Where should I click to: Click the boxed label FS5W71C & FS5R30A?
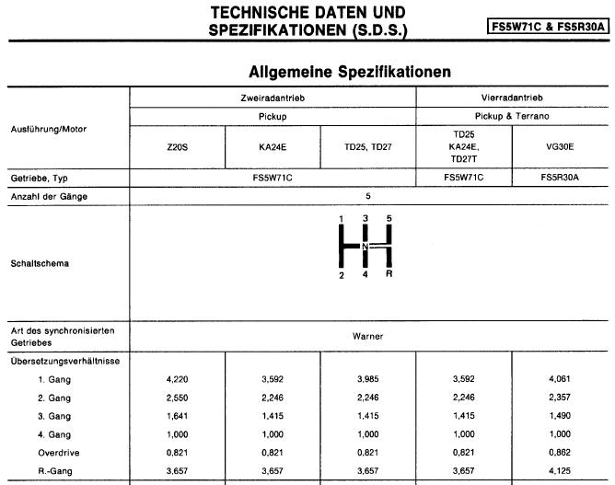point(549,27)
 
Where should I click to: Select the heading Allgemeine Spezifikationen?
point(348,71)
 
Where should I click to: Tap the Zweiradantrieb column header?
point(273,98)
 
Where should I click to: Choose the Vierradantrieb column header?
point(513,98)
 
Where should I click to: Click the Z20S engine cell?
point(177,146)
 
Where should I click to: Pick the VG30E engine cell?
point(560,146)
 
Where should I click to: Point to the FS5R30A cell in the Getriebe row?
point(560,178)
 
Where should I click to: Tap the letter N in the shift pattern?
point(365,248)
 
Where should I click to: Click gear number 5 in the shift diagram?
point(389,218)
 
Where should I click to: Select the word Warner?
point(367,336)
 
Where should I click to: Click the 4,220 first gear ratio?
point(177,377)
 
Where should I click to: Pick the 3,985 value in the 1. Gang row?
point(368,377)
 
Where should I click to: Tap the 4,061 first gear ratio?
point(560,377)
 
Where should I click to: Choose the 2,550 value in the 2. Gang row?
point(177,397)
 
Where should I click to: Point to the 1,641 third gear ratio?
point(177,416)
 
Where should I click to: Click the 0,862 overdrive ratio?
point(560,451)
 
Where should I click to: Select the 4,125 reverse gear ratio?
point(560,469)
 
